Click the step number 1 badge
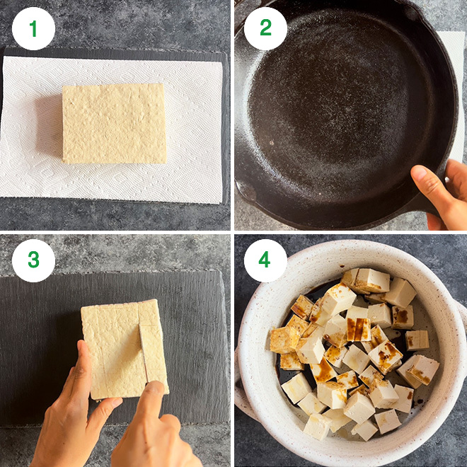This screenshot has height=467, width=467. coord(33,29)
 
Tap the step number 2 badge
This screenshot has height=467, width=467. coord(265,29)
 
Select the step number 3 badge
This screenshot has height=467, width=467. coord(33,260)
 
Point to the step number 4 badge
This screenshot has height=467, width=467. coord(265,260)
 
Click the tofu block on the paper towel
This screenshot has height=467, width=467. coord(114,123)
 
